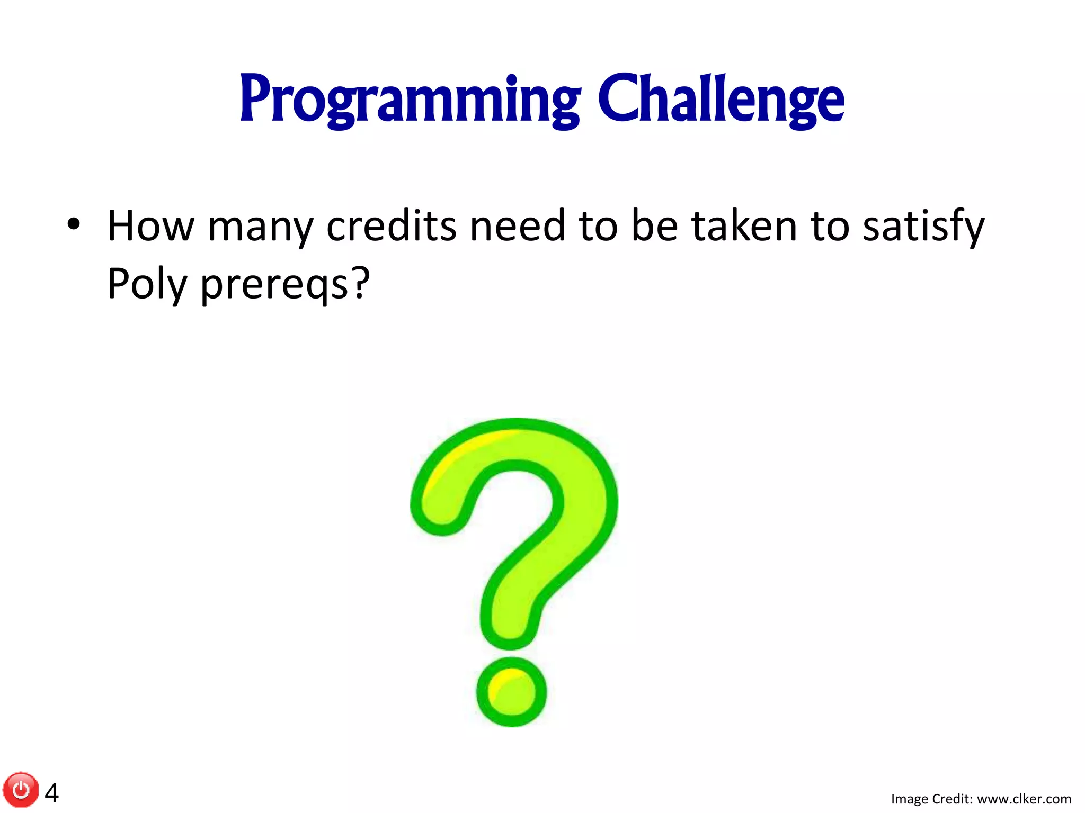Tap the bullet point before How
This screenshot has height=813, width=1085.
coord(74,224)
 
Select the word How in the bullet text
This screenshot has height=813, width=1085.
coord(151,227)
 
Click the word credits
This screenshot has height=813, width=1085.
coord(391,227)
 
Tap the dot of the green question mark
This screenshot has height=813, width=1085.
coord(512,692)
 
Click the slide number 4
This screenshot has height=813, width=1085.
coord(52,793)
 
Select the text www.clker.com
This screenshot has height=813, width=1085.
coord(1024,799)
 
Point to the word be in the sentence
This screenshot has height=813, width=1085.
coord(655,227)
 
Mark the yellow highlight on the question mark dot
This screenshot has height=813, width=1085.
coord(501,683)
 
